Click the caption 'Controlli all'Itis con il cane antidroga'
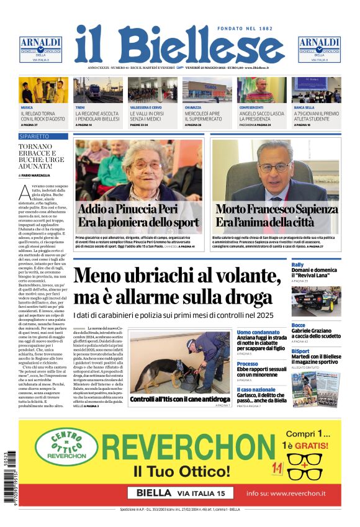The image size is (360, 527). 180,399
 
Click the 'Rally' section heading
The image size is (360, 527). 298,265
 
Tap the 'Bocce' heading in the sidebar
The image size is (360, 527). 299,325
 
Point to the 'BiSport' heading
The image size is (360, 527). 300,351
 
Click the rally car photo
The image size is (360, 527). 316,300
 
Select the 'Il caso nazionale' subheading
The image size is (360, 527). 255,389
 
